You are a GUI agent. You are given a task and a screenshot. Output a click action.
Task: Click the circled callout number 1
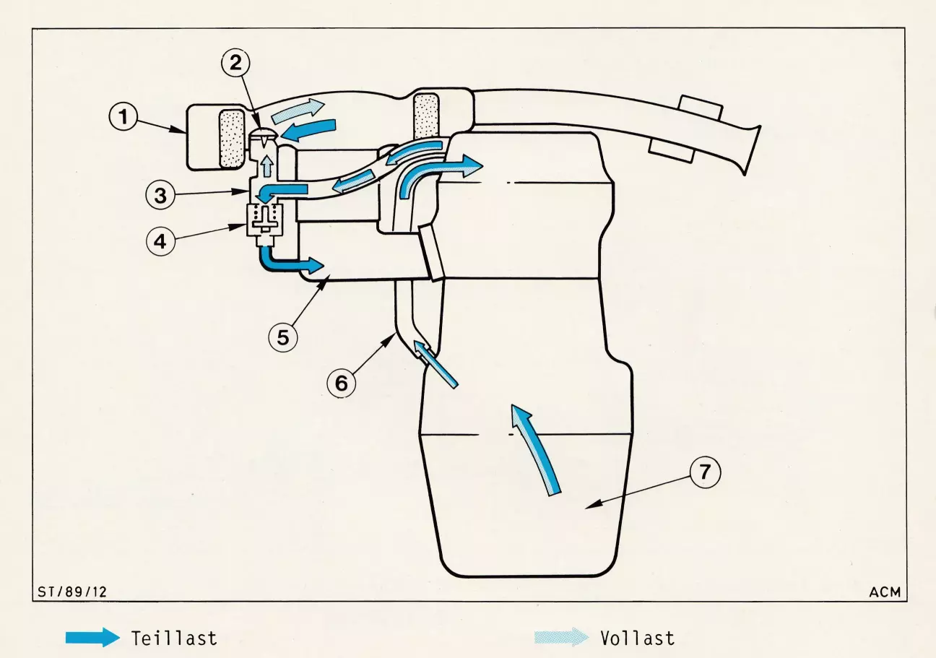[123, 116]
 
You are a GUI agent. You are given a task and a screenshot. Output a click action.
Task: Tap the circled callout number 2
[235, 63]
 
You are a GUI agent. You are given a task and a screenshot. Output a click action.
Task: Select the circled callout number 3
[160, 196]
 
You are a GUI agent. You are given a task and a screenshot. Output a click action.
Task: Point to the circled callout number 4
[160, 241]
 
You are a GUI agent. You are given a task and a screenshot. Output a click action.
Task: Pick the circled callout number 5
[283, 337]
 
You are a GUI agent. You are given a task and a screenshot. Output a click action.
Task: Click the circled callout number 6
[342, 383]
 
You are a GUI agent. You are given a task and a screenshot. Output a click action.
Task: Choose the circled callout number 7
[705, 472]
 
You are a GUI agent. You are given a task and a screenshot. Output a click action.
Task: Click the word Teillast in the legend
[174, 638]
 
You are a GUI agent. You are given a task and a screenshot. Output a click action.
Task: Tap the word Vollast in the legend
[638, 638]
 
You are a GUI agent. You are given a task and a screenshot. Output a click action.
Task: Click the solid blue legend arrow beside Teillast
[92, 638]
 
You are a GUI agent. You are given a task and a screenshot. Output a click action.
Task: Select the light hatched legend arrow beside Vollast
[562, 637]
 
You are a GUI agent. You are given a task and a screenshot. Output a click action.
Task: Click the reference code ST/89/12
[72, 592]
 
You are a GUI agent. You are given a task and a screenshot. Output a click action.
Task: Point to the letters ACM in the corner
[885, 592]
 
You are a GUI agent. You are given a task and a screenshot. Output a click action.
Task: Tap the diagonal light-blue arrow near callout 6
[435, 363]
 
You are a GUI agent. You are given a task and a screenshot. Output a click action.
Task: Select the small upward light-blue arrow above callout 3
[267, 166]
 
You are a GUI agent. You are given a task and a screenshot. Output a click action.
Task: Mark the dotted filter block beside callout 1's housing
[231, 138]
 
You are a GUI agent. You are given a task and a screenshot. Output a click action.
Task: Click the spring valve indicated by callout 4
[265, 225]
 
